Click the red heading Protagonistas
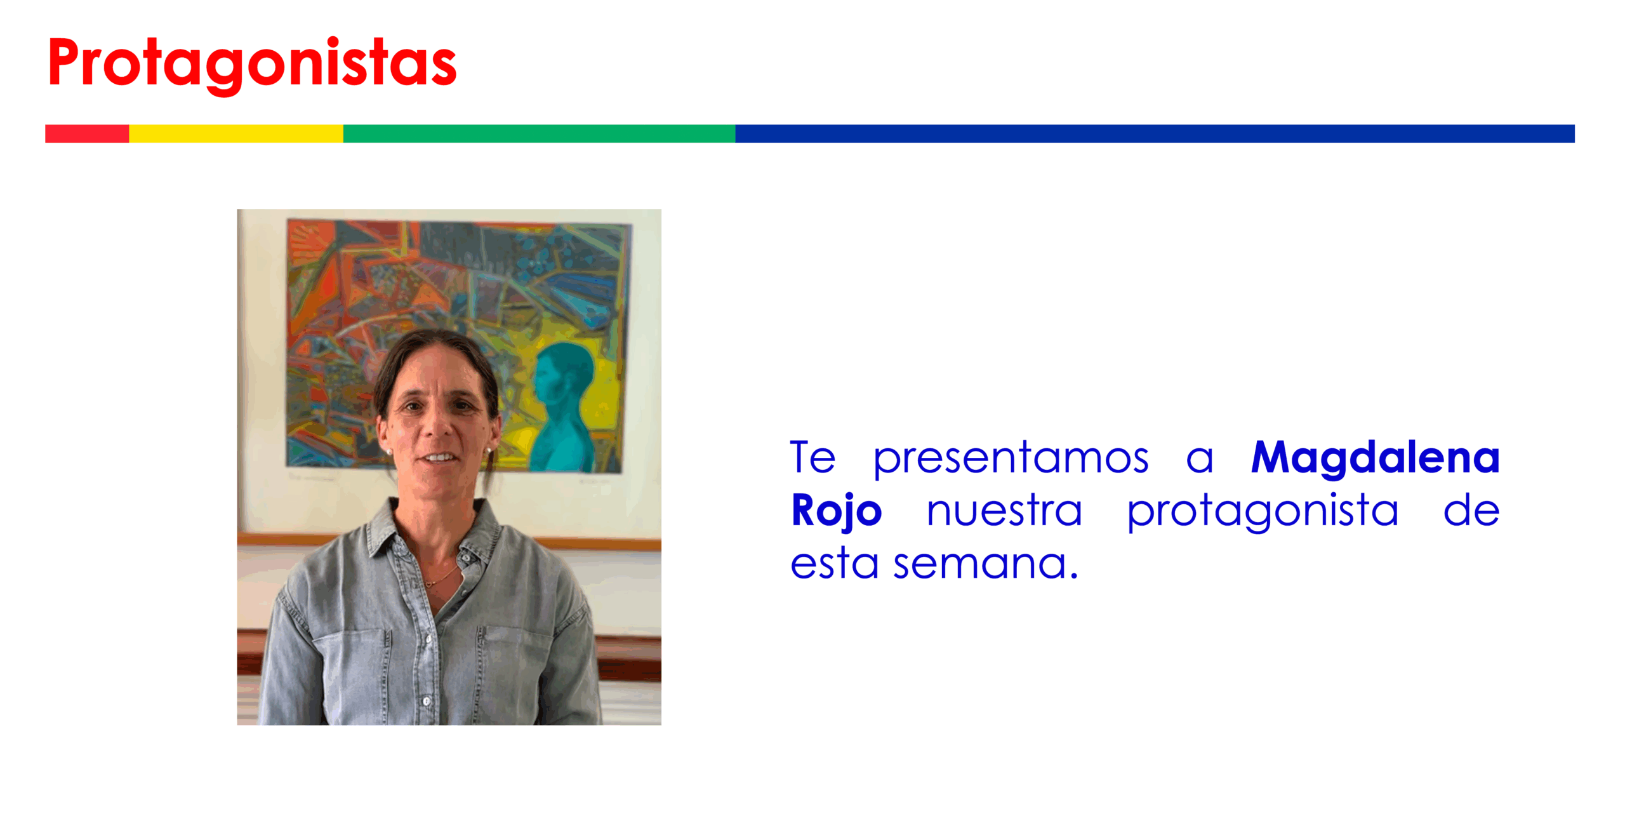pos(252,64)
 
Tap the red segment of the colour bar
pos(87,133)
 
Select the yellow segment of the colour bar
pos(236,133)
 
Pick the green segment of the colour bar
pos(539,133)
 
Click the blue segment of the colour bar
pos(1155,133)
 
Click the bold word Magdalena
pos(1376,458)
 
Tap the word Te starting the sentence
pos(812,457)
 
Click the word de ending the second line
pos(1471,509)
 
